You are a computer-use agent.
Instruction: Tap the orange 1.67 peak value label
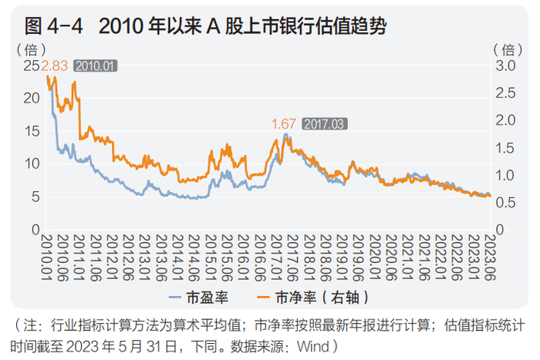tap(283, 123)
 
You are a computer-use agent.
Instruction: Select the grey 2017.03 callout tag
tap(324, 123)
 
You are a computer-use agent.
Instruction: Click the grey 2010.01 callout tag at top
tap(95, 66)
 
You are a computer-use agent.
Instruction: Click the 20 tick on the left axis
tap(32, 98)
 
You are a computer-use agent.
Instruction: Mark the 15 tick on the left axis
tap(32, 131)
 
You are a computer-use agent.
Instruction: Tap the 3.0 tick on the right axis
tap(505, 66)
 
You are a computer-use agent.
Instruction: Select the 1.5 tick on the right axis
tap(505, 147)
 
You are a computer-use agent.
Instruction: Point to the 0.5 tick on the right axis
tap(505, 203)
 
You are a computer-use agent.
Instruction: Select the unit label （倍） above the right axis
tap(508, 49)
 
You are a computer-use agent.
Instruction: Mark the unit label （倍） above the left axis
tap(31, 49)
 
